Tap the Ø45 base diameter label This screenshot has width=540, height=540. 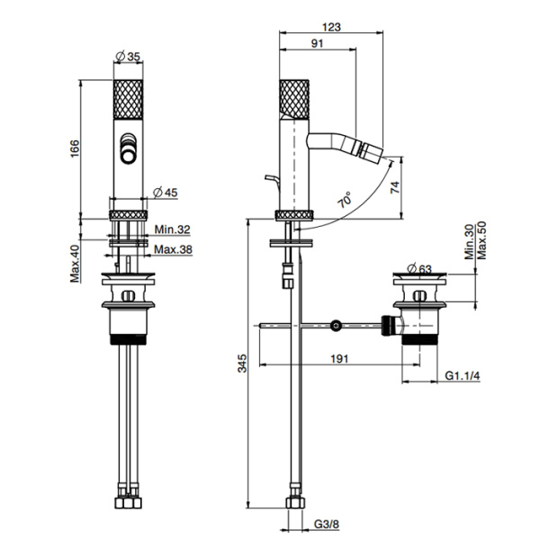coord(165,191)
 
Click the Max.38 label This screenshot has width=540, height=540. coord(171,249)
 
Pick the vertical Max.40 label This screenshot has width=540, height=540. coord(76,260)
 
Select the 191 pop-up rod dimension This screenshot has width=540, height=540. coord(337,358)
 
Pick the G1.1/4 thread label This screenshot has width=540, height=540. coord(463,374)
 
